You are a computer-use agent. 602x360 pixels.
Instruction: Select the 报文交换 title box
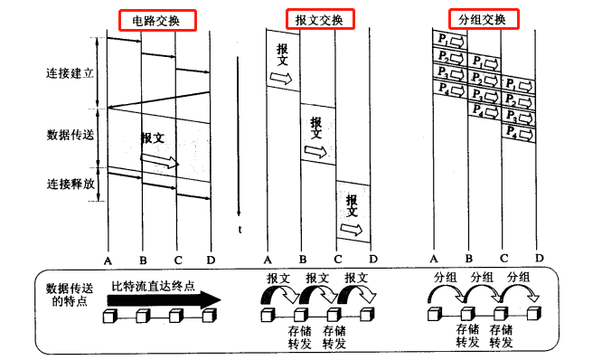pyautogui.click(x=318, y=20)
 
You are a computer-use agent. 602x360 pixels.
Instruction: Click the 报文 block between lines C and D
pyautogui.click(x=353, y=210)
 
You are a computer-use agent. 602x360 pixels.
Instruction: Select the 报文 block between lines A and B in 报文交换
pyautogui.click(x=284, y=62)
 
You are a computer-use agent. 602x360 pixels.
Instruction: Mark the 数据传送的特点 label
pyautogui.click(x=69, y=293)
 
